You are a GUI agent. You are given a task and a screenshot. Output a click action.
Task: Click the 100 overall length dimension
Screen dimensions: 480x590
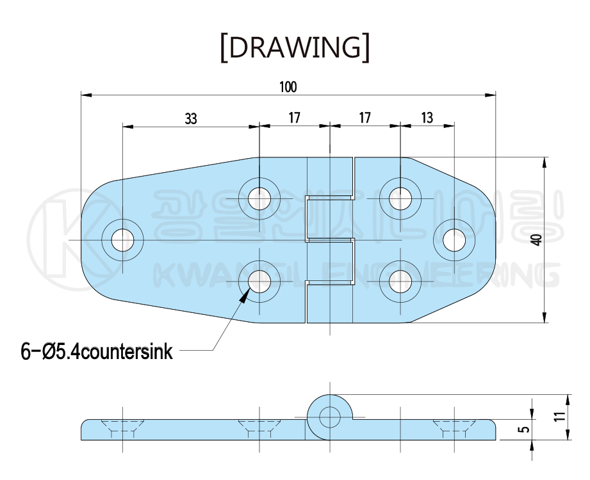[288, 86]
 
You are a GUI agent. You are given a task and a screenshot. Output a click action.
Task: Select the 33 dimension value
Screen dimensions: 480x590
[190, 118]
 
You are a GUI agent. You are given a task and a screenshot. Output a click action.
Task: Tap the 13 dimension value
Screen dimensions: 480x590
[427, 118]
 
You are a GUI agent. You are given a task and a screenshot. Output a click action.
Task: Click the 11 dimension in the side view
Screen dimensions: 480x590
[560, 417]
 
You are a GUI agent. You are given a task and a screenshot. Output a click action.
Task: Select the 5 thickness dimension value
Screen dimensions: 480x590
[525, 429]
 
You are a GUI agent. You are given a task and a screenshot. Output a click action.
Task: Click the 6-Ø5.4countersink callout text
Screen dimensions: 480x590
[97, 351]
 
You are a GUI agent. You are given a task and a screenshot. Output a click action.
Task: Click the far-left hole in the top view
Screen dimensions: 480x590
[122, 241]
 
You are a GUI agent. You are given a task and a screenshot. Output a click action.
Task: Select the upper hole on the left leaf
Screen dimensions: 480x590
[259, 196]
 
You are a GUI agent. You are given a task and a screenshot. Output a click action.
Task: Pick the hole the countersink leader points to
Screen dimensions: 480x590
[259, 281]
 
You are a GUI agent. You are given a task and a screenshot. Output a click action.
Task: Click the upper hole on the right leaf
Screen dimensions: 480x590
[400, 196]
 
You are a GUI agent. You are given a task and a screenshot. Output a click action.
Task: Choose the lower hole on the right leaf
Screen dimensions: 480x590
[400, 281]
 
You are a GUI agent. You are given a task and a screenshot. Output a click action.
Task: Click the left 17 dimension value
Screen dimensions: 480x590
[294, 118]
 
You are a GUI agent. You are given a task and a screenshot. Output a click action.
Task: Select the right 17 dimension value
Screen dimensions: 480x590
[365, 118]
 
